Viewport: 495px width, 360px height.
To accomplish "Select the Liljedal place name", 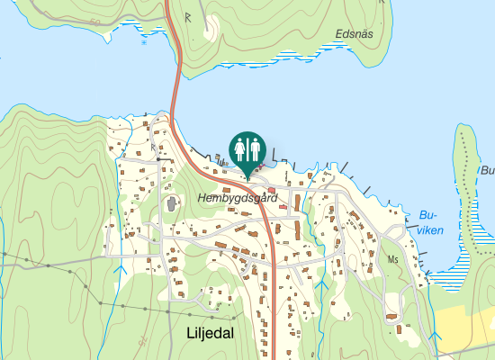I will click(210, 333).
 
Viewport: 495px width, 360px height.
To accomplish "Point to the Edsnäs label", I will click(353, 33).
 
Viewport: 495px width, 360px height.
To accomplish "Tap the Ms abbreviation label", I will click(392, 259).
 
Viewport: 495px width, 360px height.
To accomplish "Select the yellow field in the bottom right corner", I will click(468, 328).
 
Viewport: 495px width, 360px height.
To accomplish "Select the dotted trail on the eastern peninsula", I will click(467, 171).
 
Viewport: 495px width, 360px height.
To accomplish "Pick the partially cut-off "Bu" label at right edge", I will click(487, 170).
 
